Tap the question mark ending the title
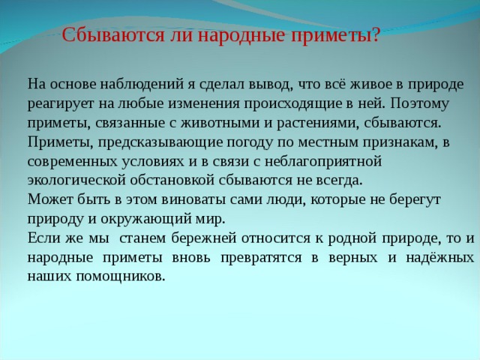(x=375, y=35)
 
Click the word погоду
(x=243, y=141)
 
